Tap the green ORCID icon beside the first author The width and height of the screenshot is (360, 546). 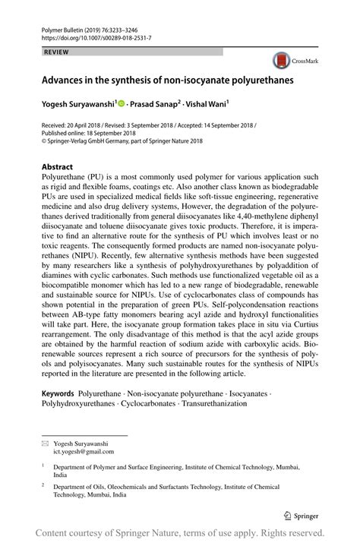(x=121, y=101)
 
